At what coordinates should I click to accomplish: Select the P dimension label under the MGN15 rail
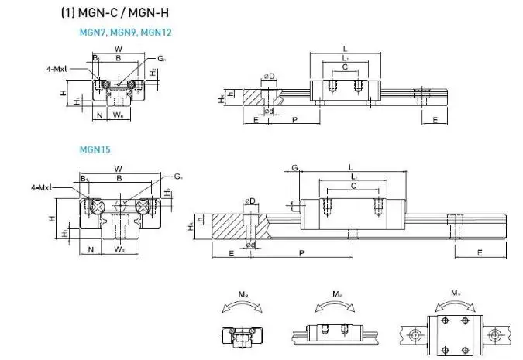point(301,253)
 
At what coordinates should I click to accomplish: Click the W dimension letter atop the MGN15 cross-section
point(117,168)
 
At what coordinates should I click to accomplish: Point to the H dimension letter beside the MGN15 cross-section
point(51,218)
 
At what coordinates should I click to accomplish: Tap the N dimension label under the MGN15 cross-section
point(91,249)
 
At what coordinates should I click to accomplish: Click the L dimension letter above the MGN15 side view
point(351,166)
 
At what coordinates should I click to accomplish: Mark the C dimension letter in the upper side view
point(344,67)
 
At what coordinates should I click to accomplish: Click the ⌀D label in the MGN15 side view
point(249,201)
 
